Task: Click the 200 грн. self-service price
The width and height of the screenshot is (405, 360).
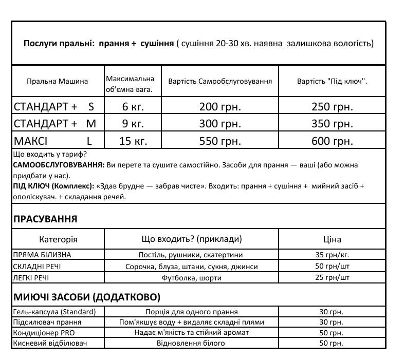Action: point(220,107)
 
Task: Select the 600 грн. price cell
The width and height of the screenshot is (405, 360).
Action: point(332,141)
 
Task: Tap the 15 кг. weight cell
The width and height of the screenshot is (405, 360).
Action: point(133,141)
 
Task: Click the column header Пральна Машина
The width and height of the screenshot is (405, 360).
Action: point(57,81)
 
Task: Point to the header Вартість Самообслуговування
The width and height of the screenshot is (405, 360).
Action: point(220,81)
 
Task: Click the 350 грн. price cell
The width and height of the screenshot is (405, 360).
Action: point(332,124)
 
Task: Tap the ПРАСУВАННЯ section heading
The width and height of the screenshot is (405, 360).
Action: point(45,219)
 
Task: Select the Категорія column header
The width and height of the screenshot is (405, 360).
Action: point(58,239)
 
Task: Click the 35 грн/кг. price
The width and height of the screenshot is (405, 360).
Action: point(332,255)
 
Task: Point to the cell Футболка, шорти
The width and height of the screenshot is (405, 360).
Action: point(192,278)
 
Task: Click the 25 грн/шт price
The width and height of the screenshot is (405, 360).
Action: point(332,278)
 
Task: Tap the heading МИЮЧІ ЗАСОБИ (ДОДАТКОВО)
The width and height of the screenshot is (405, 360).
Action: point(86,297)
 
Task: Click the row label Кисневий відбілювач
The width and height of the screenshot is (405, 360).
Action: point(49,343)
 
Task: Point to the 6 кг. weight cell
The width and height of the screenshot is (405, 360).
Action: point(133,107)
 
